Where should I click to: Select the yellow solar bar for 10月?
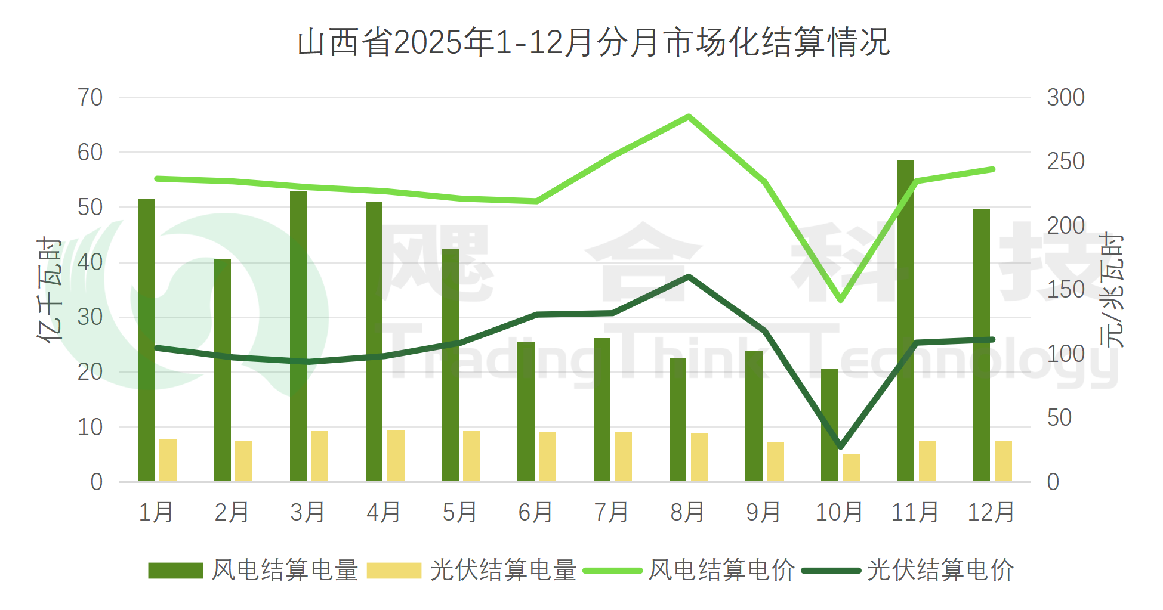coord(852,468)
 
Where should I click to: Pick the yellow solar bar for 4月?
coord(396,456)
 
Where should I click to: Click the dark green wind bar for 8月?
coord(678,420)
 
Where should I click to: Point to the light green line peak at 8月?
coord(689,117)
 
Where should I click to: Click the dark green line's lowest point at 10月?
coord(840,446)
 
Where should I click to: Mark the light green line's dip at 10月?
coord(840,300)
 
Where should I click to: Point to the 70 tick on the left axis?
coord(90,98)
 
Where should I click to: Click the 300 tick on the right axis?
coord(1066,98)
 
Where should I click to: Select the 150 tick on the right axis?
coord(1066,290)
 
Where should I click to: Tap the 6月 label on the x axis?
coord(535,512)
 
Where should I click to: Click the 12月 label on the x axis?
coord(991,512)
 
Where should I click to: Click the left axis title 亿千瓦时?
coord(50,290)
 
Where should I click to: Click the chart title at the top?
coord(593,43)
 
